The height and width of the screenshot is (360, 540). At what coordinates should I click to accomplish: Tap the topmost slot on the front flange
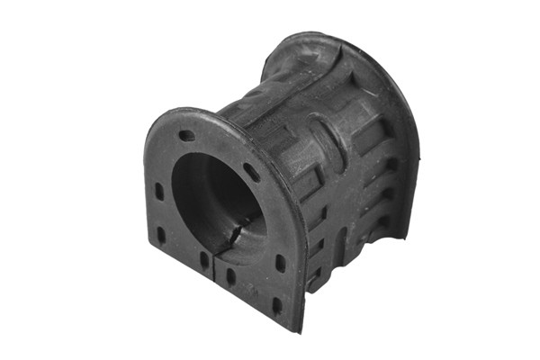(187, 136)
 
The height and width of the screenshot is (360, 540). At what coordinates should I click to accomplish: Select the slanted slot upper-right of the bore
(252, 172)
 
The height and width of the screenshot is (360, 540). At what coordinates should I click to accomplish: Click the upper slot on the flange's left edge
(158, 192)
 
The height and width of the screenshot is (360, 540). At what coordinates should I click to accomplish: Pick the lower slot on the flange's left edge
(161, 235)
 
